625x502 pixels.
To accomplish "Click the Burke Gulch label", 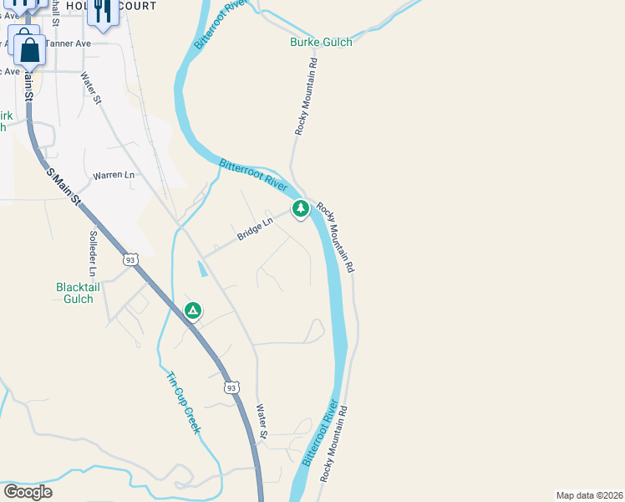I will click(321, 42).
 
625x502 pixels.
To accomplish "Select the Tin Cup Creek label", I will click(183, 402).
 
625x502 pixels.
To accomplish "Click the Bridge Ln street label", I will click(255, 229).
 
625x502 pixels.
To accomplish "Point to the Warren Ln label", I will click(114, 176).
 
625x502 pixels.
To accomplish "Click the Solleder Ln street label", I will click(93, 254).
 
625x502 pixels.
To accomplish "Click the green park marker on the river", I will click(300, 207).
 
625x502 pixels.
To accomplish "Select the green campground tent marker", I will click(193, 311).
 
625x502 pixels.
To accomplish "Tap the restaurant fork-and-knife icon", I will click(102, 11).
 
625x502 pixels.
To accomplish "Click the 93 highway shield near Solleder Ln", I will click(130, 260).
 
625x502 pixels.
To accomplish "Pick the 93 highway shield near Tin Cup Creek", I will click(232, 387).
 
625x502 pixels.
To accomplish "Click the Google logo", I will click(28, 492).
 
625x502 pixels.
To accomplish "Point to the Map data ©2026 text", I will click(589, 495).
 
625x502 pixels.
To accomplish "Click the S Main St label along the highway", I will click(64, 187).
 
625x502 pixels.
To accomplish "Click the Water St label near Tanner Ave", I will click(90, 88).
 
